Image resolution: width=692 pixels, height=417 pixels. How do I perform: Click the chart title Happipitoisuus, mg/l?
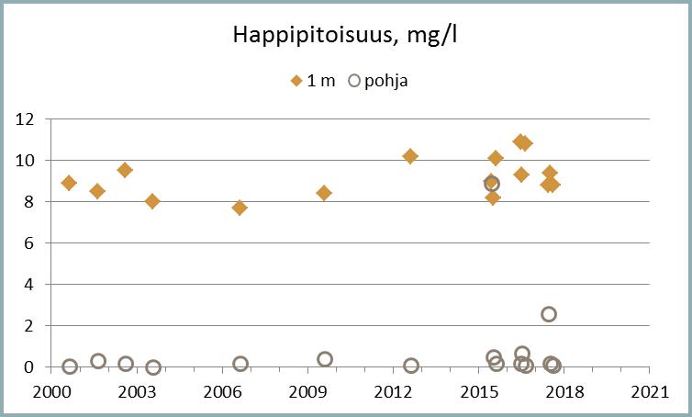pyautogui.click(x=346, y=37)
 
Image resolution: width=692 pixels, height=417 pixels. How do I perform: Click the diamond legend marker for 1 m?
pyautogui.click(x=296, y=81)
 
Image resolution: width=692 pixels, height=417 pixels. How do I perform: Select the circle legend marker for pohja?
pyautogui.click(x=356, y=81)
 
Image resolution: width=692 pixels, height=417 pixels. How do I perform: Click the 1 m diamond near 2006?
pyautogui.click(x=240, y=208)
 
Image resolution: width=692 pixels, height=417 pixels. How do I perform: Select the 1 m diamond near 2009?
pyautogui.click(x=324, y=193)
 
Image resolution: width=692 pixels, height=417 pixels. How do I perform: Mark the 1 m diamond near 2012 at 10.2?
pyautogui.click(x=410, y=156)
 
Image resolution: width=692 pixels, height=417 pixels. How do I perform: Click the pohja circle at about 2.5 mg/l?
pyautogui.click(x=549, y=314)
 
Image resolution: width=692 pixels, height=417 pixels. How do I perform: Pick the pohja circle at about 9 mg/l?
pyautogui.click(x=492, y=183)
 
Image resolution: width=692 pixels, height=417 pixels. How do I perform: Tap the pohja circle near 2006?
pyautogui.click(x=240, y=364)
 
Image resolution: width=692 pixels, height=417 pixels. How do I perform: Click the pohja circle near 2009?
pyautogui.click(x=325, y=359)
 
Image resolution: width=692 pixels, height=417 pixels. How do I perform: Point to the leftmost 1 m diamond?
pyautogui.click(x=69, y=183)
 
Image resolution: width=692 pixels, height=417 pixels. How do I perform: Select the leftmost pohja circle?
pyautogui.click(x=70, y=366)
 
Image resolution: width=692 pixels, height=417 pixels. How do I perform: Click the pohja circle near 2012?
pyautogui.click(x=411, y=366)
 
